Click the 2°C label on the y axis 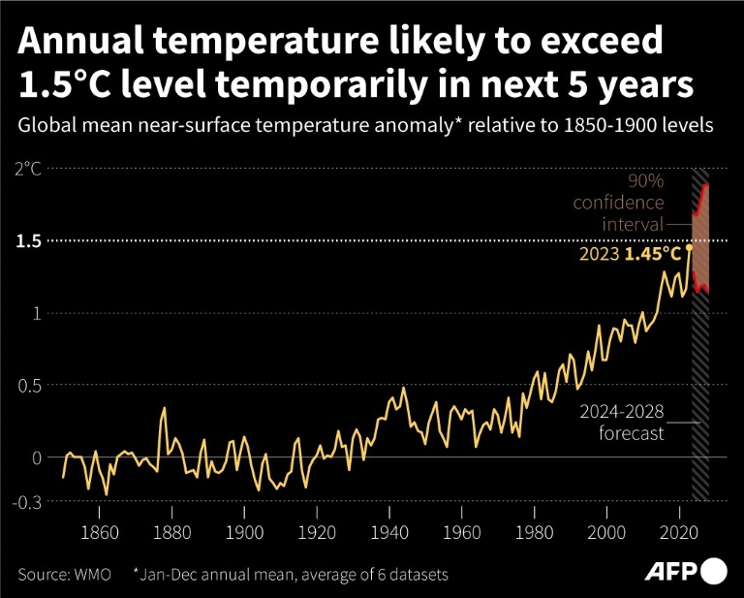[27, 169]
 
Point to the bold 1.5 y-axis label [28, 240]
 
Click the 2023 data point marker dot [690, 247]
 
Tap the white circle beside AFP [714, 571]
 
